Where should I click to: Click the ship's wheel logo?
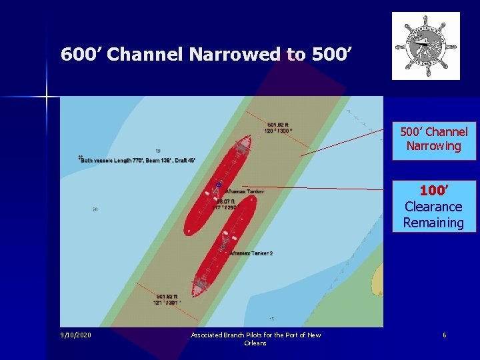point(425,46)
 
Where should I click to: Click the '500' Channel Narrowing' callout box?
point(433,139)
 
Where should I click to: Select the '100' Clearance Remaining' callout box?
point(433,207)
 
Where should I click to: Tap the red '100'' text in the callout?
point(433,191)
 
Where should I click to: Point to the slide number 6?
point(444,335)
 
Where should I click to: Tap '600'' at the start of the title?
point(81,54)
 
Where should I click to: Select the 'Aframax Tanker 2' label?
point(251,253)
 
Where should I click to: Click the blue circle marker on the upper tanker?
point(218,185)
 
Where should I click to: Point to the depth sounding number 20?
point(95,209)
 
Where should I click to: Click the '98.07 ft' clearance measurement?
point(227,201)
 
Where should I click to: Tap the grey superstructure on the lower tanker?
point(201,286)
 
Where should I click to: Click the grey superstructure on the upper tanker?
point(243,143)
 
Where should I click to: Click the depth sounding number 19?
point(157,151)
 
